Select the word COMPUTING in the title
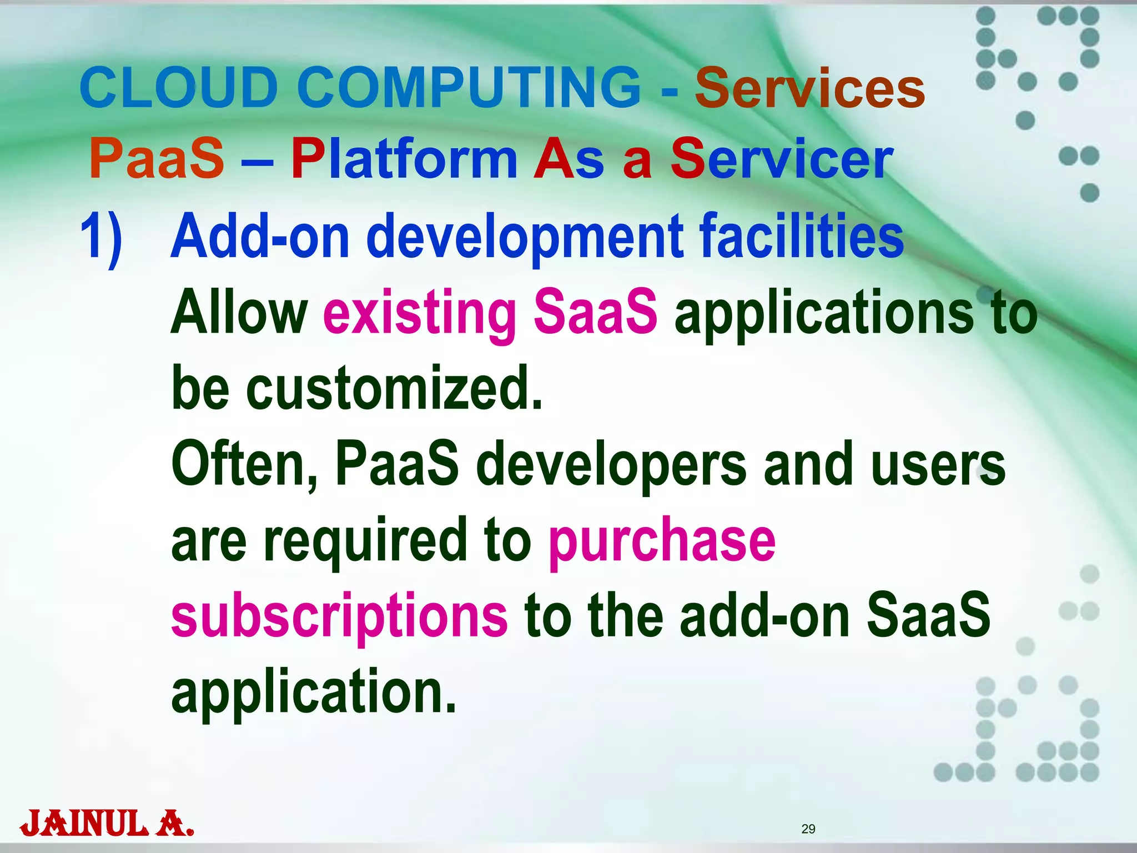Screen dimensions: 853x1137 469,88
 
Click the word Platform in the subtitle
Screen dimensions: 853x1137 404,159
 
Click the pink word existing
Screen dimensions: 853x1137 420,313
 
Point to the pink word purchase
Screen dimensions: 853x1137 662,542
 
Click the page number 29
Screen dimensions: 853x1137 808,829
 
